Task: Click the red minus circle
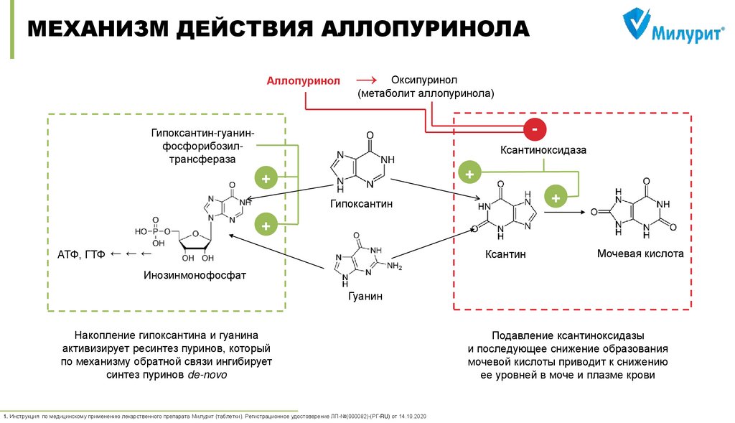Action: click(x=535, y=130)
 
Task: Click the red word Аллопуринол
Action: click(x=303, y=82)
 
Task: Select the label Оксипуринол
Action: click(x=423, y=79)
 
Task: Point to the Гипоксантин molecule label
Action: click(x=362, y=204)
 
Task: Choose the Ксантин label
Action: click(x=505, y=254)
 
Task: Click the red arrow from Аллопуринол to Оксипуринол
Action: click(x=366, y=80)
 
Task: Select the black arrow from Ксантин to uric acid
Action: click(x=563, y=212)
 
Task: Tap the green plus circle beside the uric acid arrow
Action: click(x=555, y=195)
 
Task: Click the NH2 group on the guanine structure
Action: click(x=395, y=266)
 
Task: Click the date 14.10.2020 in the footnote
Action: click(x=412, y=416)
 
